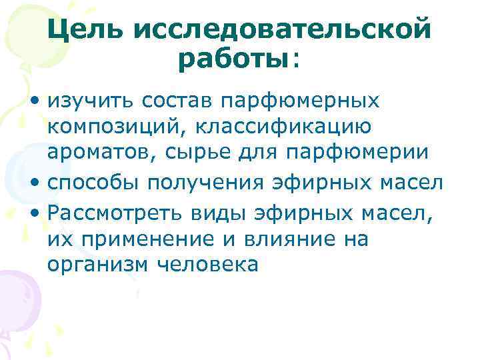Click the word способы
pyautogui.click(x=95, y=182)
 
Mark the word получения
pyautogui.click(x=203, y=182)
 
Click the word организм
pyautogui.click(x=98, y=264)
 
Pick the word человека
pyautogui.click(x=207, y=264)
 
